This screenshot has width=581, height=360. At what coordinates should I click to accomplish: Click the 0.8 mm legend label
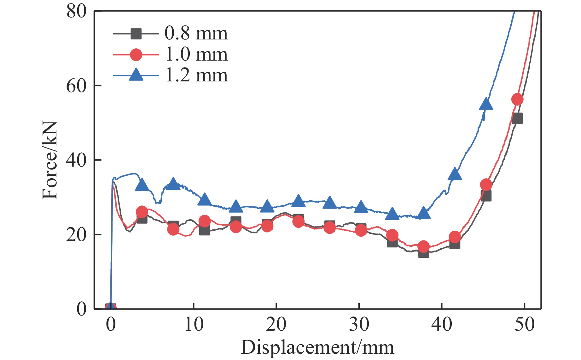tap(196, 33)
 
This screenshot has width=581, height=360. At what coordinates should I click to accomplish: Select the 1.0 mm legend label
tap(196, 55)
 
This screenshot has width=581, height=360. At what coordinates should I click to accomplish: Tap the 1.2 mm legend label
tap(196, 75)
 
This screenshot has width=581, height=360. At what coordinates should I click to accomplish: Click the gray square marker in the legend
tap(136, 33)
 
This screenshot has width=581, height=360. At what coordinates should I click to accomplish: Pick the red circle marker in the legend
tap(136, 55)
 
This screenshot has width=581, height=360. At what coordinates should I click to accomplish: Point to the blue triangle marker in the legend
tap(136, 75)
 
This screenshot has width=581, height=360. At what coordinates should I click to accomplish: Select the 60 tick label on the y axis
tap(76, 86)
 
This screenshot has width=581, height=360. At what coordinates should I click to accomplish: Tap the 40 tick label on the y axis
tap(76, 160)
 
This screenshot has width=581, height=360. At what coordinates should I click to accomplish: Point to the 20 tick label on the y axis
tap(76, 235)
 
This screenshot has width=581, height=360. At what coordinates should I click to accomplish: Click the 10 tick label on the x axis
tap(194, 324)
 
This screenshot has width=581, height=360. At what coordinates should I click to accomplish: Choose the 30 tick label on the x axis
tap(359, 324)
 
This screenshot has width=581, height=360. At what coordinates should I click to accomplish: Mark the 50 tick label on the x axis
tap(525, 324)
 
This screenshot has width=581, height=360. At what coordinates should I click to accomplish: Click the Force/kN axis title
tap(50, 160)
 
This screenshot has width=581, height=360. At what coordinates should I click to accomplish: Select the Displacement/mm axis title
tap(317, 347)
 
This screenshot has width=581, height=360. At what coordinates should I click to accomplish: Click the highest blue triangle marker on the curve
tap(486, 104)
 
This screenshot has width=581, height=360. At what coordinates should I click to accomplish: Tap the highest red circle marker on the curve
tap(517, 99)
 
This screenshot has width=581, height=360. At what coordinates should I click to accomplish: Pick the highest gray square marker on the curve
tap(517, 118)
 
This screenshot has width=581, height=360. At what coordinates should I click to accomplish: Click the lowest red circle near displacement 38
tap(423, 246)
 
